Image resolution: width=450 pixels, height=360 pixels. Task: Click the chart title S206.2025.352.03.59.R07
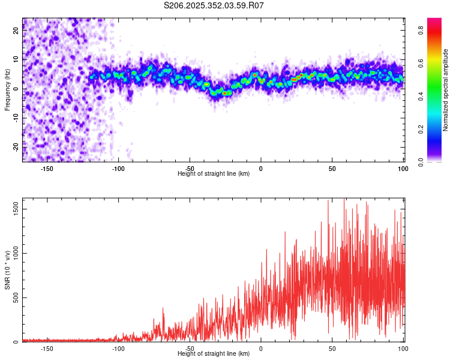(214, 5)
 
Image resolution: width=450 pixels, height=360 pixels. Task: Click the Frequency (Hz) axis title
(7, 89)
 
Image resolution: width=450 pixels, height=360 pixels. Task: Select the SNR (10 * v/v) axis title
(7, 271)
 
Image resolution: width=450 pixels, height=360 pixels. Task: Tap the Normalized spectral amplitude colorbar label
(446, 90)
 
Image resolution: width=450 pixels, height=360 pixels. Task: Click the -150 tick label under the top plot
(47, 169)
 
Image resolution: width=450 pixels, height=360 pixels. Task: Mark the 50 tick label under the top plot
(332, 169)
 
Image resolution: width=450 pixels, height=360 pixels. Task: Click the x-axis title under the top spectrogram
(214, 174)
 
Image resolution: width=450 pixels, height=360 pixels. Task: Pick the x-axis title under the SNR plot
(214, 354)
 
